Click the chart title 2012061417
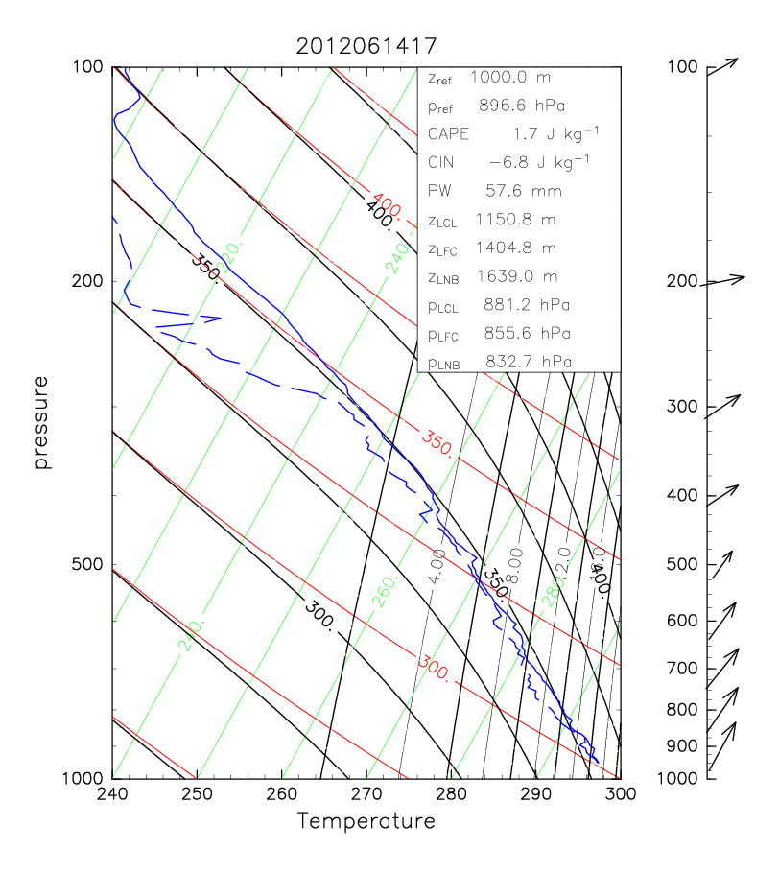click(x=365, y=45)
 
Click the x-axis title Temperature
click(x=366, y=821)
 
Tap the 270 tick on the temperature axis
click(x=366, y=792)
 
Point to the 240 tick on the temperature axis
click(x=112, y=792)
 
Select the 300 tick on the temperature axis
click(x=620, y=792)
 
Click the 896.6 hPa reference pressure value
click(x=523, y=106)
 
